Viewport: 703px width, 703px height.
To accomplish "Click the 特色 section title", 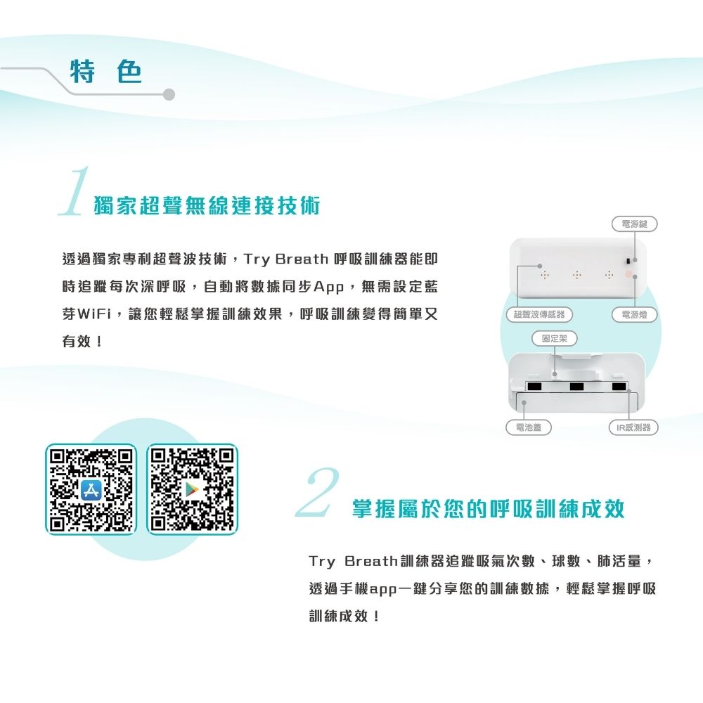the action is (x=106, y=71).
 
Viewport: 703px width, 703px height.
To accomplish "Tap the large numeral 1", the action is (x=75, y=191).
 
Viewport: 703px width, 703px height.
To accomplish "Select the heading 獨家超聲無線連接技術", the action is (x=207, y=206).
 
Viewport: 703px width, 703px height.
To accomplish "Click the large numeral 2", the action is (x=318, y=492).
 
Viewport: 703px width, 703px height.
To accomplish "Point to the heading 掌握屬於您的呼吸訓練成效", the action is (x=488, y=508).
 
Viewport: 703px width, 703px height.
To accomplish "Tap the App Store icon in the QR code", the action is (x=91, y=489).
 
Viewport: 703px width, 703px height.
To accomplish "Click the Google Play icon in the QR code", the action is (x=192, y=489).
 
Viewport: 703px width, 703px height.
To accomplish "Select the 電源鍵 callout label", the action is (x=634, y=224).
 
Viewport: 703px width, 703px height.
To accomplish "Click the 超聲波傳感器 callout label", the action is (x=539, y=314).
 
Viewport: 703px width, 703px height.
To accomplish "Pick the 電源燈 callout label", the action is (x=634, y=314).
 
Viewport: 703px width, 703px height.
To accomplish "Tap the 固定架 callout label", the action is (x=555, y=339).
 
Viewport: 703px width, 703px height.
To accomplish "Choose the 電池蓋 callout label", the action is (x=528, y=427).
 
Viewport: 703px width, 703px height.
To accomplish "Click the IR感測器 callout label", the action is (x=633, y=427).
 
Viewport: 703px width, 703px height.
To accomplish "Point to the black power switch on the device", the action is (x=628, y=261).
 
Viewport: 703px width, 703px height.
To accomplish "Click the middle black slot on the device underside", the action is (x=576, y=387).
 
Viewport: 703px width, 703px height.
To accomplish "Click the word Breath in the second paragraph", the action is (x=371, y=561).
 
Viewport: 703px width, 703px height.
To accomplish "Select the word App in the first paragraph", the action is (x=328, y=287).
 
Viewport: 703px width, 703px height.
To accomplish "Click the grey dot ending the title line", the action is (x=169, y=95).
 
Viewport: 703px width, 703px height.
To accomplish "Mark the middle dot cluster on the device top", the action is (x=577, y=274).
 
